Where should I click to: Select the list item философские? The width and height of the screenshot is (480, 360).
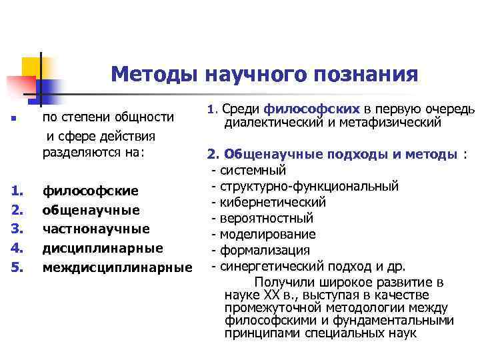point(91,191)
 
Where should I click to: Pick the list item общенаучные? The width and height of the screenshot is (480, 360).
point(91,211)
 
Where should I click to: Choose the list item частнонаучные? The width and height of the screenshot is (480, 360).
point(96,229)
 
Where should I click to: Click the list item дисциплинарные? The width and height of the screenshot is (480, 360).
point(103,249)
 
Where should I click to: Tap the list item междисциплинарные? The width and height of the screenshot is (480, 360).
point(117,268)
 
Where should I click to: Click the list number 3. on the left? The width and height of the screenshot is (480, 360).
point(17,229)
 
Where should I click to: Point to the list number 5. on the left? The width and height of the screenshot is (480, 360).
point(17,268)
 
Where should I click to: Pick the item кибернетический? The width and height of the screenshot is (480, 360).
point(273,201)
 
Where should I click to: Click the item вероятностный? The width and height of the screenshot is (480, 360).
point(267,218)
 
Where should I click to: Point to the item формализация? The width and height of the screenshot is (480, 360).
point(265,251)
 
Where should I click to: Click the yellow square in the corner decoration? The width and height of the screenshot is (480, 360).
point(32,67)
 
